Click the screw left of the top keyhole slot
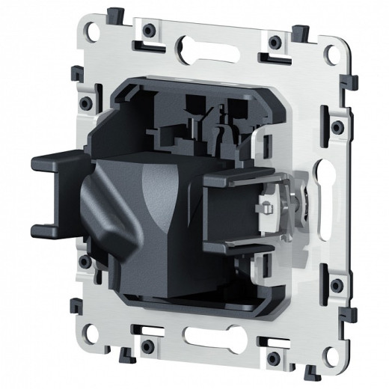coord(150,29)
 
